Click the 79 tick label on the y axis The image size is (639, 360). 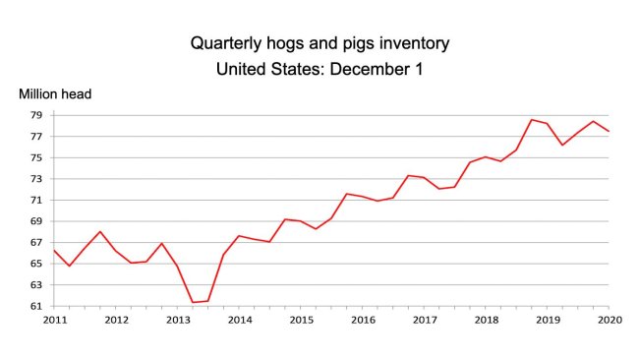[x=35, y=115]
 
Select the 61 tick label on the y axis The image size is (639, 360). [x=35, y=306]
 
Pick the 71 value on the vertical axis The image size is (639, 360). [x=35, y=200]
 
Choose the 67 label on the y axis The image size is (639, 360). [x=35, y=242]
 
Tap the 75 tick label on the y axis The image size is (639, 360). [x=35, y=157]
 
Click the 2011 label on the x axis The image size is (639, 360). [x=55, y=320]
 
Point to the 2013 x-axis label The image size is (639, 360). [x=178, y=320]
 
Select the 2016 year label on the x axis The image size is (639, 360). [x=363, y=320]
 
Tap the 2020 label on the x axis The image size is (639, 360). [x=609, y=320]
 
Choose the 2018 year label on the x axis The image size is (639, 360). [x=486, y=320]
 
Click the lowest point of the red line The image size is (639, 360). [x=193, y=302]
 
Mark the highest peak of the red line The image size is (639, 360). [x=532, y=120]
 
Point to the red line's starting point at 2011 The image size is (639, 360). [x=55, y=250]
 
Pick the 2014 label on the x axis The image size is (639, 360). [x=240, y=320]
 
